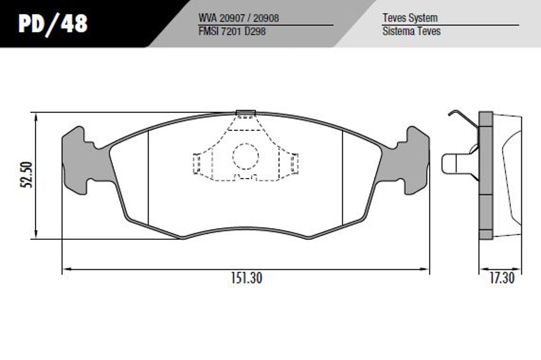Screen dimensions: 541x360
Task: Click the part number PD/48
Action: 53,23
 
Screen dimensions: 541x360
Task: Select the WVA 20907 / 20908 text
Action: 239,18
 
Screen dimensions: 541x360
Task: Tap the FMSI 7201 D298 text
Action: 232,31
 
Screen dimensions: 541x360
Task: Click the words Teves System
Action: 410,18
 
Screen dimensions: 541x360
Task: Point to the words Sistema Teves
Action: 411,31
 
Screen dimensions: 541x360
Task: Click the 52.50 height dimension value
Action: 27,174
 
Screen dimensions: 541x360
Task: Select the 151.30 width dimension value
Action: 246,278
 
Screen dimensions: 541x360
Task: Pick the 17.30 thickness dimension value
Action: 502,278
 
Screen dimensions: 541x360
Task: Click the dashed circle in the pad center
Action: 245,156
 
